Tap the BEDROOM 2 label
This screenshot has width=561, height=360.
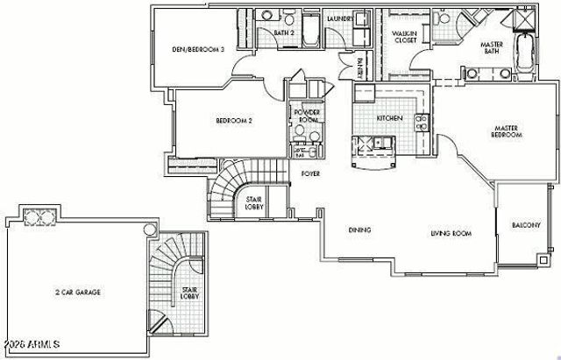click(235, 121)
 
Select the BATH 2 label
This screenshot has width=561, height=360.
click(282, 32)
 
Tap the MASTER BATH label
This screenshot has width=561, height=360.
click(495, 49)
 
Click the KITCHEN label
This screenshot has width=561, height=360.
click(389, 117)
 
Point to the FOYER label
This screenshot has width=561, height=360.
click(310, 174)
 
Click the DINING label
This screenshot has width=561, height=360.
click(359, 230)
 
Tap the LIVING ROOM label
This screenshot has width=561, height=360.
click(451, 234)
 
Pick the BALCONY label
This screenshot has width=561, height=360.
click(527, 226)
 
